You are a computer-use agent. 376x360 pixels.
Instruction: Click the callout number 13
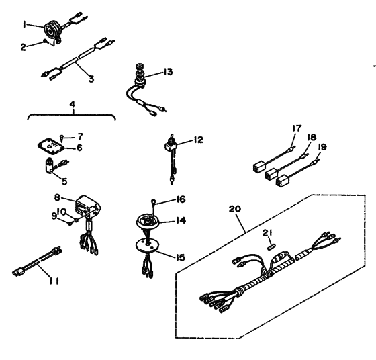tap(168, 72)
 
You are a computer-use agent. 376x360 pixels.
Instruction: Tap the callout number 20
tap(234, 209)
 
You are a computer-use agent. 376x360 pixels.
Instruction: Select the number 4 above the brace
tap(73, 104)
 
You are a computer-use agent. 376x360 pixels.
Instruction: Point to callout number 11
tap(54, 281)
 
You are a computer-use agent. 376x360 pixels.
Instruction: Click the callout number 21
tap(267, 232)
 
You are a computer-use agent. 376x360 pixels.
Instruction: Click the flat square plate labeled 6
tap(51, 146)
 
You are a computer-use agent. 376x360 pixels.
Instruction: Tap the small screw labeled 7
tap(62, 138)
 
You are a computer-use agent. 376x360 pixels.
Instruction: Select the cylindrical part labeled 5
tap(50, 165)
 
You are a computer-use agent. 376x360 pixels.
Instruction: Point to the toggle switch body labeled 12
tap(171, 146)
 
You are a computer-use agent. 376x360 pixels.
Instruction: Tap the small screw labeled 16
tap(153, 202)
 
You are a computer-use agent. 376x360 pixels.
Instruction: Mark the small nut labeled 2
tap(45, 42)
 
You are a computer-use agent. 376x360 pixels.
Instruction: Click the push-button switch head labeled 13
tap(140, 66)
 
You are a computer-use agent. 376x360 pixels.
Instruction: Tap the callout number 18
tap(312, 137)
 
